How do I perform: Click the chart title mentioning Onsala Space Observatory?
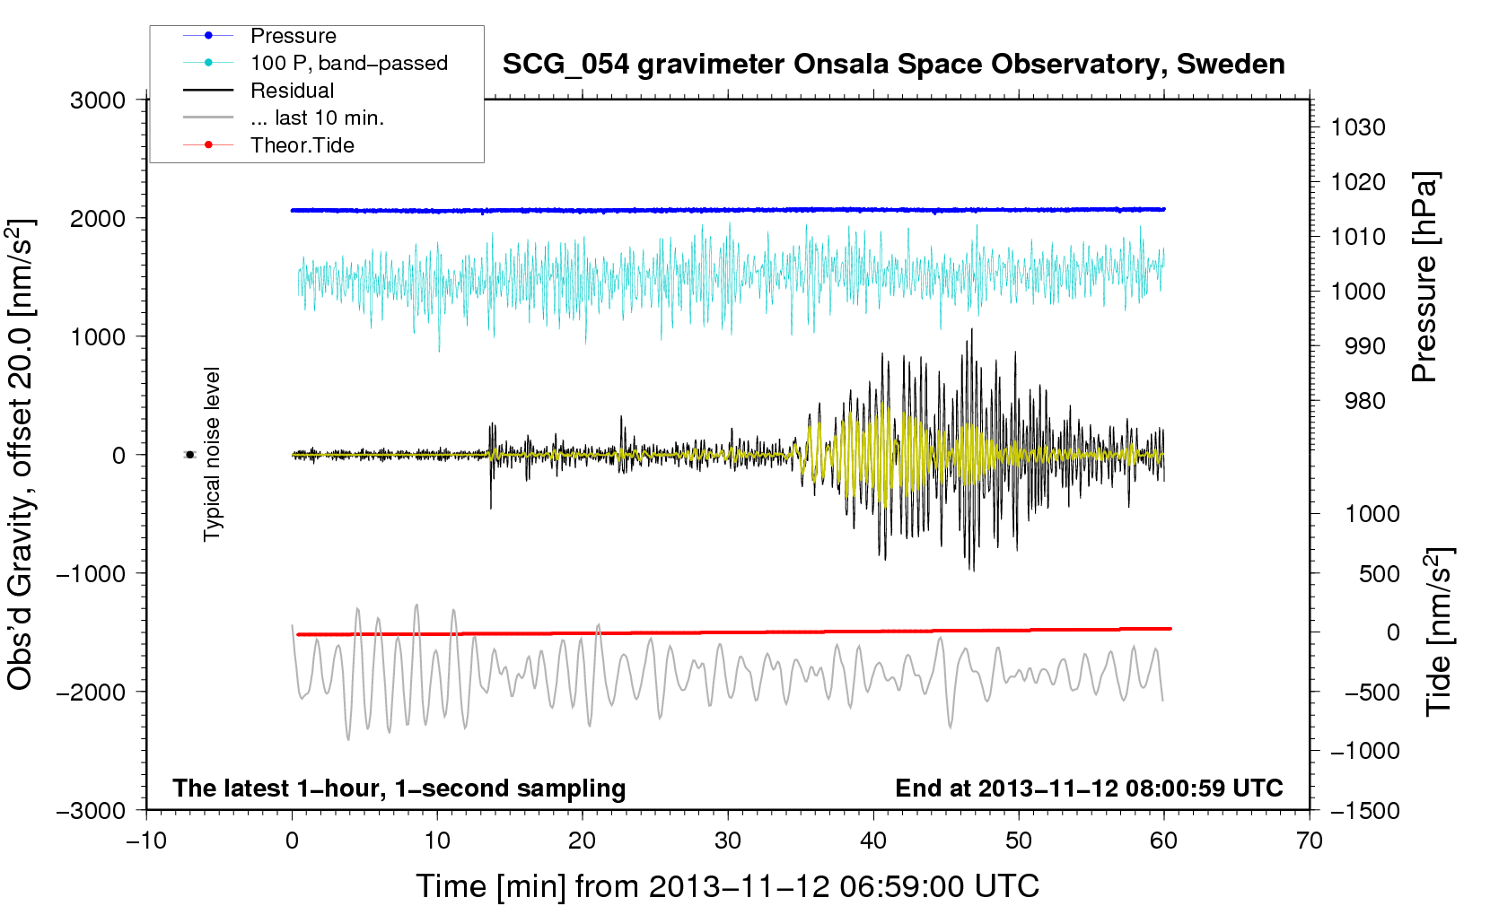pos(893,65)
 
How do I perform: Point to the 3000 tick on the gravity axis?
pos(98,100)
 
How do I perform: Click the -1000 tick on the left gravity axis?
pos(92,573)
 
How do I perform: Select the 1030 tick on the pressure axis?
pos(1358,127)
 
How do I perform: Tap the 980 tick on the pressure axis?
pos(1365,401)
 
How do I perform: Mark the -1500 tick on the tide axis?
pos(1365,811)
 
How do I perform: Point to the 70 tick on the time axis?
pos(1309,841)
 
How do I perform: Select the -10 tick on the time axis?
pos(146,841)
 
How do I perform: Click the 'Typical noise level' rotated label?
pos(212,454)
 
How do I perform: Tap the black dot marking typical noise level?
pos(190,455)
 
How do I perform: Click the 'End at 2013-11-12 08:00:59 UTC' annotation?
pos(1089,788)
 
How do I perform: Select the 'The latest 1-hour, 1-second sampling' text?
pos(399,789)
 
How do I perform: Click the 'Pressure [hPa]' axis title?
pos(1425,277)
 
